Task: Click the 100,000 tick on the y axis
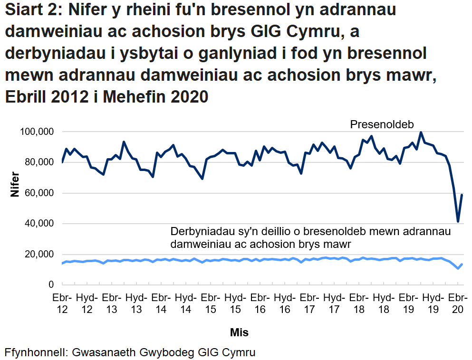click(x=37, y=132)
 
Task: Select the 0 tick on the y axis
click(x=50, y=285)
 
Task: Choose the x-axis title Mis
click(x=239, y=332)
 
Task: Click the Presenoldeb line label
click(x=382, y=124)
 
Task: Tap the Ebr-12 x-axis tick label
click(x=62, y=303)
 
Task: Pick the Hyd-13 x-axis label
click(x=136, y=303)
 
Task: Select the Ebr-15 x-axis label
click(x=210, y=303)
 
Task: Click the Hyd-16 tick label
click(x=284, y=303)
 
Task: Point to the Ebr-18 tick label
click(x=359, y=303)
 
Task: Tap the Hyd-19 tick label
click(x=433, y=303)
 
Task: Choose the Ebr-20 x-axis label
click(x=458, y=303)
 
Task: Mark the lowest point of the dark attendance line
click(x=458, y=221)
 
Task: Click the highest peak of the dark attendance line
click(x=421, y=133)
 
